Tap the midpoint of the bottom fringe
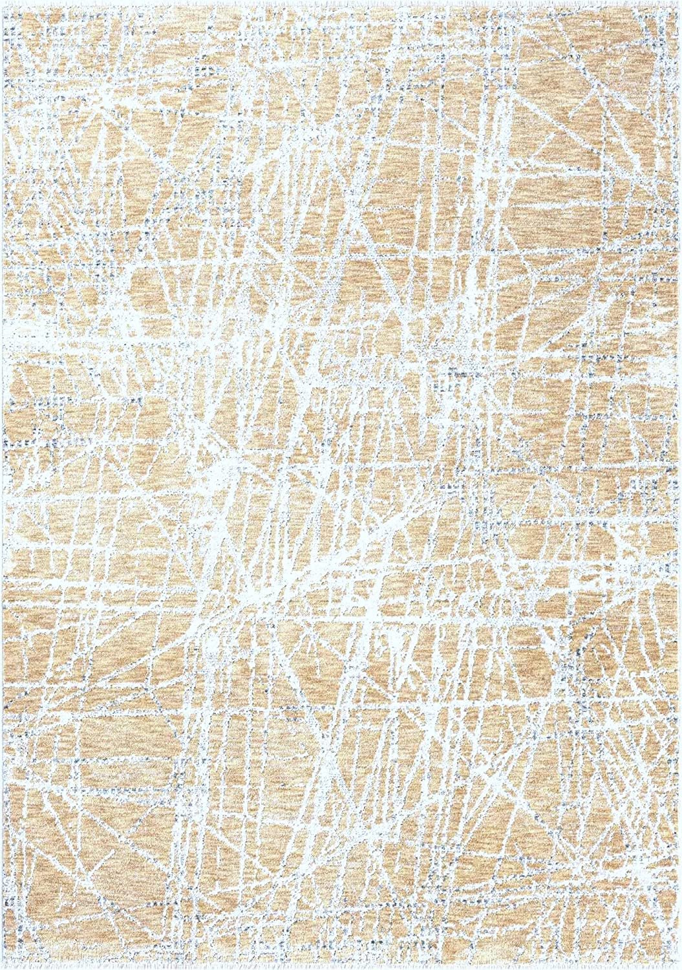point(341,967)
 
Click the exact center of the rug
point(341,485)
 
